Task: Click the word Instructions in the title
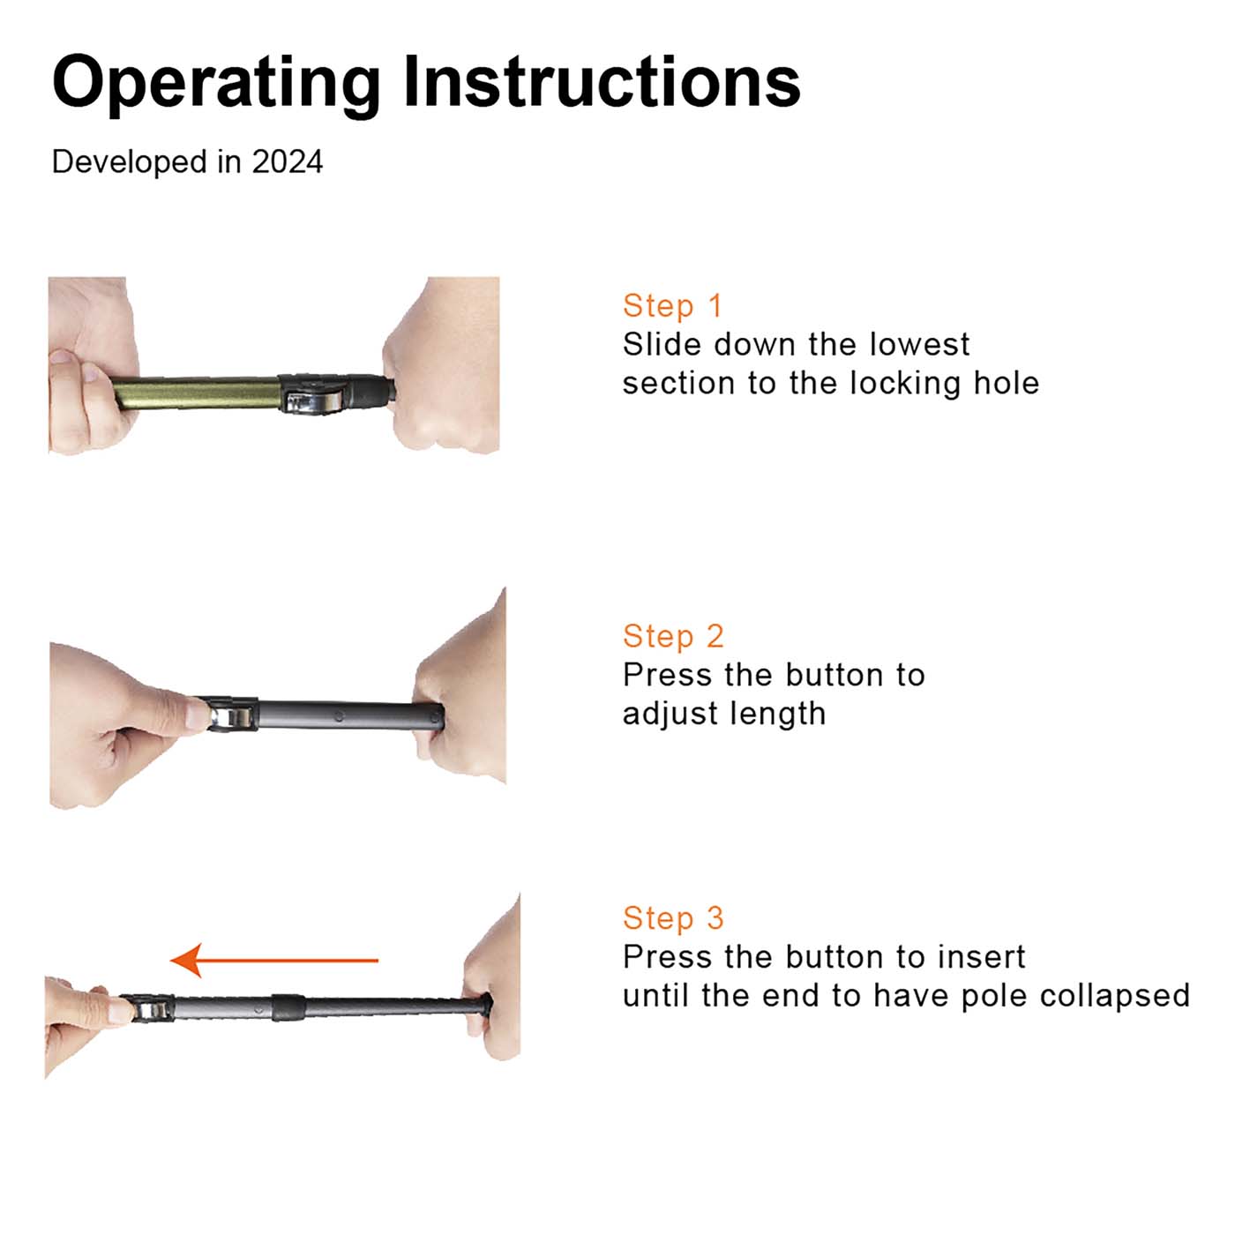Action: click(603, 81)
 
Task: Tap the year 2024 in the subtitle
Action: click(287, 161)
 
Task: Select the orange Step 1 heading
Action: click(672, 305)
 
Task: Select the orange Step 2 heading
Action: click(673, 636)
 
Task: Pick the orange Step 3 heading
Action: click(673, 917)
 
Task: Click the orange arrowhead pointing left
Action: click(186, 960)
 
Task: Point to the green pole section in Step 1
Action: click(196, 393)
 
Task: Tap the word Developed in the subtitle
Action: click(130, 162)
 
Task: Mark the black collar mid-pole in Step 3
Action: click(288, 1007)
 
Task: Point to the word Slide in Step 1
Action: click(662, 345)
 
